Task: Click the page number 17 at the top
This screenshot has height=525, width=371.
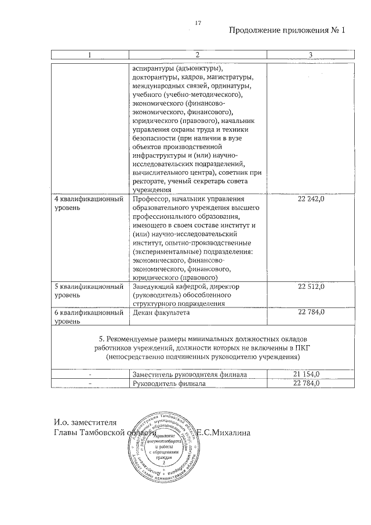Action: coord(198,23)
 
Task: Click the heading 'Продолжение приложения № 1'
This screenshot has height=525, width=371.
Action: coord(287,31)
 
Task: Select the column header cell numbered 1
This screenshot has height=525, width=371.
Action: coord(89,55)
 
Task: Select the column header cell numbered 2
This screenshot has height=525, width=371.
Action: coord(197,55)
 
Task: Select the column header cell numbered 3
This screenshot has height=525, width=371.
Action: coord(311,55)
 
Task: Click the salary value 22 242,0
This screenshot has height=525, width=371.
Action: coord(311,200)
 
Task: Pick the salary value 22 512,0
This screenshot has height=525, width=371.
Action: coord(311,287)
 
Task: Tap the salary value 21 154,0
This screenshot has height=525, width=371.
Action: coord(311,375)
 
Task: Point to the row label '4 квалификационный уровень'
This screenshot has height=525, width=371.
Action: coord(88,204)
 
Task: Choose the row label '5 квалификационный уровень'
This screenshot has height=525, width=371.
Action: coord(88,291)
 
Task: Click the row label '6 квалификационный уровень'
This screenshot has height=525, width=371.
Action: coord(88,316)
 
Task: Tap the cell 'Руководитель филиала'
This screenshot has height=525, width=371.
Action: coord(169,383)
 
